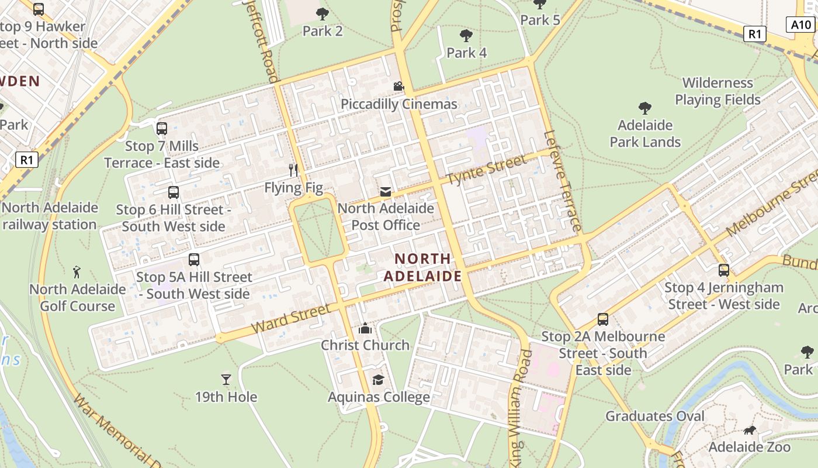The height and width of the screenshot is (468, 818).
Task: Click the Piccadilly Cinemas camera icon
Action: point(398,87)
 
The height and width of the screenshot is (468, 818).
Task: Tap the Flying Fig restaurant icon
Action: point(293,170)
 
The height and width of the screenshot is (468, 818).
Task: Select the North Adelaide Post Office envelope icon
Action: point(386,191)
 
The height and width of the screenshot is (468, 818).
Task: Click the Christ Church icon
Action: point(365,328)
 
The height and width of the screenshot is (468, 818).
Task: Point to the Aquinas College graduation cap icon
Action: point(378,380)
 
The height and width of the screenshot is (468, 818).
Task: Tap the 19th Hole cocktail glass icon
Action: point(226,380)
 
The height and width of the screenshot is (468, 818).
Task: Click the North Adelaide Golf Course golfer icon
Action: point(77,272)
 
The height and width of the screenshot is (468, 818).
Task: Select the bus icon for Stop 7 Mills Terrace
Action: point(162,129)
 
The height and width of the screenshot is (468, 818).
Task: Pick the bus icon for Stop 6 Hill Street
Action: point(174,192)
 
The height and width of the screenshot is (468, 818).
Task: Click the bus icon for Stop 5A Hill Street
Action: point(194,260)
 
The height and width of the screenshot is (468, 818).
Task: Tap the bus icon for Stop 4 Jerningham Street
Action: point(724,270)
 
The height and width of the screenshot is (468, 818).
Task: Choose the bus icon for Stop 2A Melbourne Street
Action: point(603,319)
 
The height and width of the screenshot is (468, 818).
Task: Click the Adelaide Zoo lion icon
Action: point(749,431)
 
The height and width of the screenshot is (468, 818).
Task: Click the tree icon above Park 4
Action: point(466,36)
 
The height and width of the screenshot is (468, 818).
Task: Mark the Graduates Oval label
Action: point(655,416)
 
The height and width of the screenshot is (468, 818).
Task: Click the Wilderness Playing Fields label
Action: point(718,91)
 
